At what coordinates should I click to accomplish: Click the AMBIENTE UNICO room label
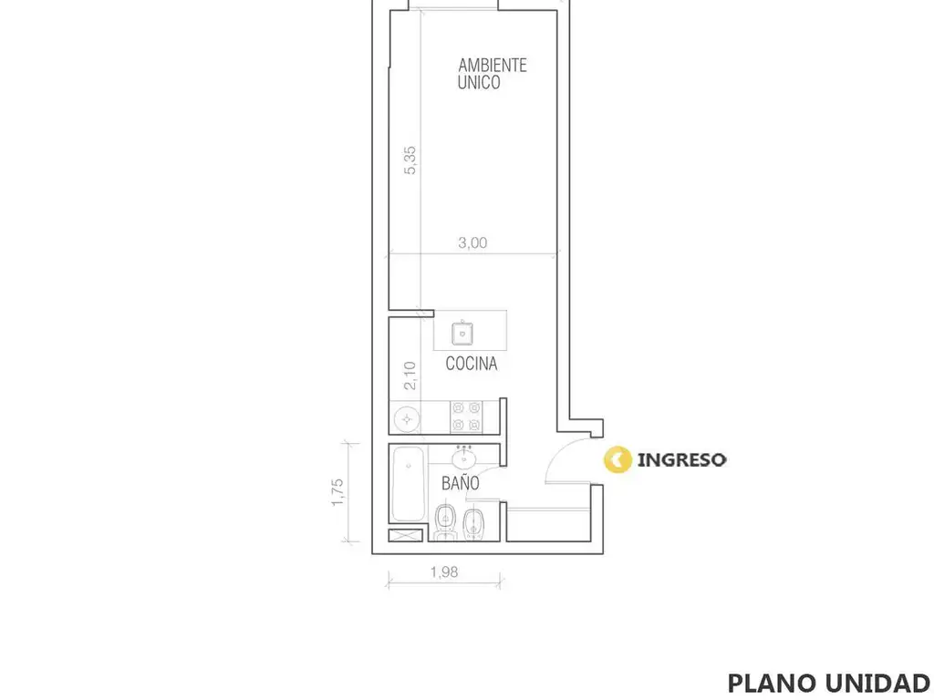(x=492, y=74)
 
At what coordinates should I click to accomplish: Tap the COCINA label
(x=472, y=363)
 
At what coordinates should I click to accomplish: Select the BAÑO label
(x=460, y=482)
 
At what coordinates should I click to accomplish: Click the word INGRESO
(x=681, y=460)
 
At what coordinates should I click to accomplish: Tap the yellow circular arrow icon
(x=617, y=459)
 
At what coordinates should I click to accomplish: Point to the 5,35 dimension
(x=410, y=160)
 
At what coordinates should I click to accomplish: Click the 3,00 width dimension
(x=472, y=242)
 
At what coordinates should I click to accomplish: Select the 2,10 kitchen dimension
(x=410, y=376)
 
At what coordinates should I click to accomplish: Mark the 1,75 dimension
(x=337, y=492)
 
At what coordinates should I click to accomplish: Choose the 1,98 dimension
(x=444, y=572)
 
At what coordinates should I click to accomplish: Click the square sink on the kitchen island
(x=462, y=334)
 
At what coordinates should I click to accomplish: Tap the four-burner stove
(x=466, y=417)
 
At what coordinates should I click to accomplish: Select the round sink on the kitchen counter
(x=407, y=419)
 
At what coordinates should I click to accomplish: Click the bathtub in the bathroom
(x=408, y=484)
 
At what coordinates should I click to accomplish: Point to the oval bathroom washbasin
(x=463, y=458)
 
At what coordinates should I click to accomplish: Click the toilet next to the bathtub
(x=445, y=521)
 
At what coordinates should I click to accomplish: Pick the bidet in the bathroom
(x=473, y=523)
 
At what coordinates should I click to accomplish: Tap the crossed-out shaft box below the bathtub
(x=406, y=535)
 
